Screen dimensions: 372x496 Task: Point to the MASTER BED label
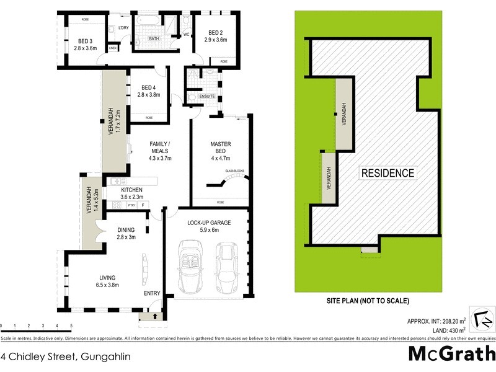[x=221, y=146]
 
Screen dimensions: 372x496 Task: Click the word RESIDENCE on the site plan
[x=388, y=173]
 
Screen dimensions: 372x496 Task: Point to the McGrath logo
[x=452, y=354]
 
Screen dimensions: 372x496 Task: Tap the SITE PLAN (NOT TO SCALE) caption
[x=368, y=301]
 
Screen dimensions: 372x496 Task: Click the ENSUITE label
[x=206, y=97]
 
